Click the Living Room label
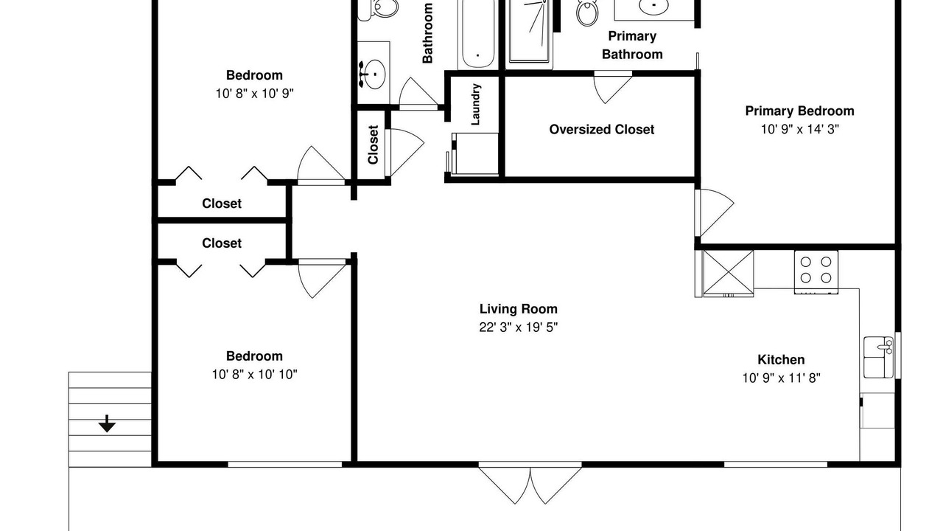(518, 309)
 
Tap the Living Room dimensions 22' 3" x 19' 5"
(518, 327)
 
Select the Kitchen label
(781, 359)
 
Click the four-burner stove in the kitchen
(816, 272)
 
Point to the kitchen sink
(878, 357)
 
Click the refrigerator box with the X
(728, 273)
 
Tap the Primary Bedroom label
(799, 111)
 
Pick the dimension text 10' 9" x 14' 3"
(799, 129)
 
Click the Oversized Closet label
(602, 129)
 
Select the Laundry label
(475, 104)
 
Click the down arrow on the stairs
(107, 423)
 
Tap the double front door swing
(530, 485)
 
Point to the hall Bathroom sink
(373, 74)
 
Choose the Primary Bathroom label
(632, 45)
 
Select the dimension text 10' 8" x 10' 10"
(254, 374)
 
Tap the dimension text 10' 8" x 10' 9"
(254, 94)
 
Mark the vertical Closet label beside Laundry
(373, 145)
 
